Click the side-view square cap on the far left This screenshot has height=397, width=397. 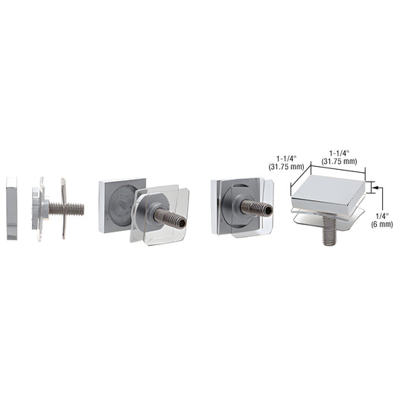(x=13, y=209)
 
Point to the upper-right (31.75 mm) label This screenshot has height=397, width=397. (x=336, y=160)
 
